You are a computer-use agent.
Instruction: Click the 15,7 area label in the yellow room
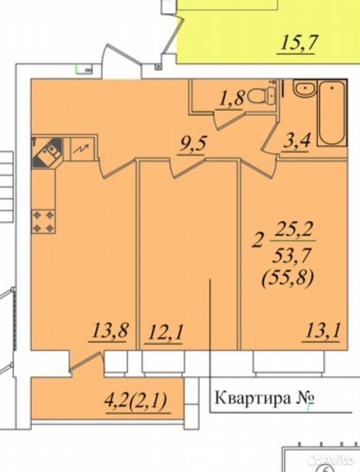pyautogui.click(x=299, y=43)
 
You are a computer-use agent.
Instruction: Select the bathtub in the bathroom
pyautogui.click(x=331, y=113)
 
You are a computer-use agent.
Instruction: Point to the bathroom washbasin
pyautogui.click(x=305, y=89)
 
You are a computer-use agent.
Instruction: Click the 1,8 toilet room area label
pyautogui.click(x=231, y=98)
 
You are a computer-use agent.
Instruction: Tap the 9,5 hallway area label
pyautogui.click(x=192, y=145)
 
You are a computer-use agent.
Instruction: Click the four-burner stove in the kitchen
pyautogui.click(x=43, y=222)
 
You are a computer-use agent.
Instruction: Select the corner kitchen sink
pyautogui.click(x=47, y=152)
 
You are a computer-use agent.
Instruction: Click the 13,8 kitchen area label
pyautogui.click(x=110, y=330)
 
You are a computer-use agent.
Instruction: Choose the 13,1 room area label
pyautogui.click(x=322, y=331)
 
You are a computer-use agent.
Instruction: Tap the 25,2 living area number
pyautogui.click(x=293, y=230)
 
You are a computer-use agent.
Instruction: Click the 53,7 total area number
pyautogui.click(x=291, y=256)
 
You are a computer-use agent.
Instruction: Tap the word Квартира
pyautogui.click(x=253, y=399)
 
